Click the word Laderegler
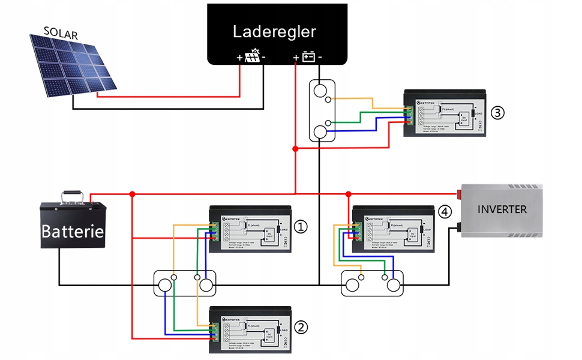coord(274,32)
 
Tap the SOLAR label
coord(61,34)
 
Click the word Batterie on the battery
coord(73,232)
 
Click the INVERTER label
coord(502,209)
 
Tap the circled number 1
coord(301,226)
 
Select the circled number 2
coord(301,327)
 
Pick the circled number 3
coord(497,112)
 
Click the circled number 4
coord(445,212)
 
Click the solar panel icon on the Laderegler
coord(253,57)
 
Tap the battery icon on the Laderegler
coord(308,57)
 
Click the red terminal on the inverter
coord(460,194)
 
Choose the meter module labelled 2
coord(249,329)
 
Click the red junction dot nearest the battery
coord(132,194)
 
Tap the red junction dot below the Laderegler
coord(295,148)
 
